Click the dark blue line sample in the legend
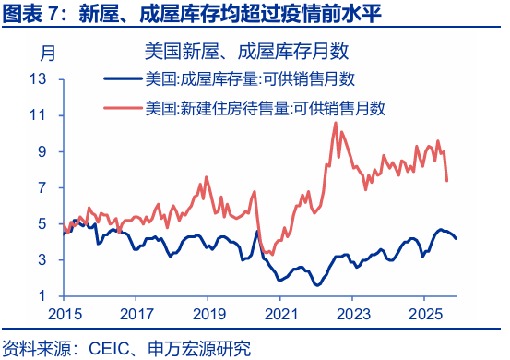[x=124, y=79]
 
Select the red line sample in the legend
[x=124, y=108]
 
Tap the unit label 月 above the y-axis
[x=48, y=50]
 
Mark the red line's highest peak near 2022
[x=335, y=123]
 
